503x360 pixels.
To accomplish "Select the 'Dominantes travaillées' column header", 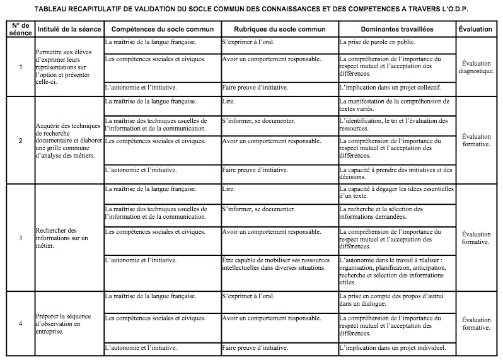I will (x=396, y=30).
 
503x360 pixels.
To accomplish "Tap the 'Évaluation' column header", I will (x=476, y=30).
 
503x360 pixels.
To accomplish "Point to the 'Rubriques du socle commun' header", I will (x=279, y=30).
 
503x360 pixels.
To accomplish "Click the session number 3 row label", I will (x=20, y=238).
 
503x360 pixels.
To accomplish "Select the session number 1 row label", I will (x=20, y=67).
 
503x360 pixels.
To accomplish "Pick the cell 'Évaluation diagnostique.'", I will (x=476, y=67).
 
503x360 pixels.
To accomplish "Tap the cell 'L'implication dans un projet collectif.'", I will (x=390, y=87).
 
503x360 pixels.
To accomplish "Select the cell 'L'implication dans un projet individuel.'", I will (x=392, y=347).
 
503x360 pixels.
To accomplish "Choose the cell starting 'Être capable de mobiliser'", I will (x=274, y=264).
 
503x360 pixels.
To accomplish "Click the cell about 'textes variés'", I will (x=394, y=105).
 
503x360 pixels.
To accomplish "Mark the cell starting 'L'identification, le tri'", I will (x=393, y=124).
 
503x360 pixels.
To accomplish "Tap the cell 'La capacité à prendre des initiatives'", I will (x=395, y=173).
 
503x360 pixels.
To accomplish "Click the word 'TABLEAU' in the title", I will (x=53, y=9).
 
